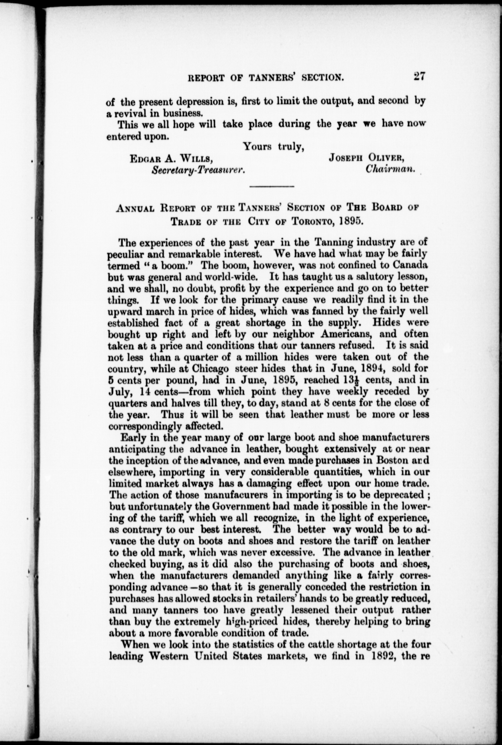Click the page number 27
point(419,77)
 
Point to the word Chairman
point(390,169)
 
